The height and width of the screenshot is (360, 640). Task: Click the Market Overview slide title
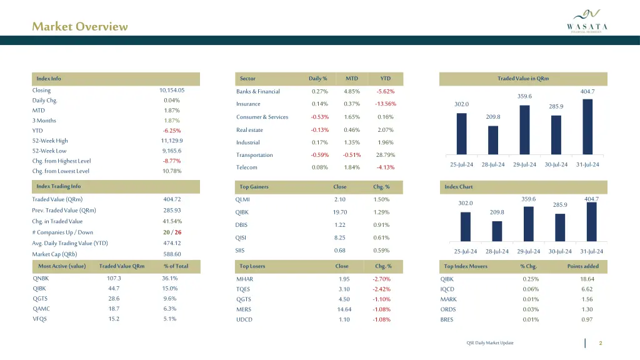click(80, 26)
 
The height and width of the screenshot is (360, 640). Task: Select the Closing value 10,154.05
click(172, 91)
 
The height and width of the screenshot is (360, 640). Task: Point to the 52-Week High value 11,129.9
click(172, 141)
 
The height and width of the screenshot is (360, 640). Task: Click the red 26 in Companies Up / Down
click(178, 232)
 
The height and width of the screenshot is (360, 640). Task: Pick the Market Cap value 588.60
click(172, 254)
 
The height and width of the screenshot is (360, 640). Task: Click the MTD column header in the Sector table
click(352, 79)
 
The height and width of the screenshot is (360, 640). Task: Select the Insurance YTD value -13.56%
click(385, 104)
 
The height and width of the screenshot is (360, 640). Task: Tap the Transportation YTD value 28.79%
click(385, 155)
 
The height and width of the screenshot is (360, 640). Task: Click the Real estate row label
click(249, 130)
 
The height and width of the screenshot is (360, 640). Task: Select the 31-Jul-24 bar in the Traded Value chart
click(587, 127)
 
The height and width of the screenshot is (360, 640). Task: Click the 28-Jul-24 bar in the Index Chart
click(497, 231)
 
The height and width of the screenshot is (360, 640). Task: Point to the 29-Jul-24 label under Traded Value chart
click(524, 164)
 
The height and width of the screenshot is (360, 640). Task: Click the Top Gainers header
click(254, 187)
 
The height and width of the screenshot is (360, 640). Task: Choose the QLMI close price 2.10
click(340, 199)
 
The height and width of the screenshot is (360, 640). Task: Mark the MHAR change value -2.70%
click(381, 279)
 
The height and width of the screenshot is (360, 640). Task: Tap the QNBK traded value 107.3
click(114, 279)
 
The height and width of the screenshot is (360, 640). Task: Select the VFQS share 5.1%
click(169, 319)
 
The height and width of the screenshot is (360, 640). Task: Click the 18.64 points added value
click(586, 279)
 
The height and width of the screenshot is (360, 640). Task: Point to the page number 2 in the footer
click(600, 343)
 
